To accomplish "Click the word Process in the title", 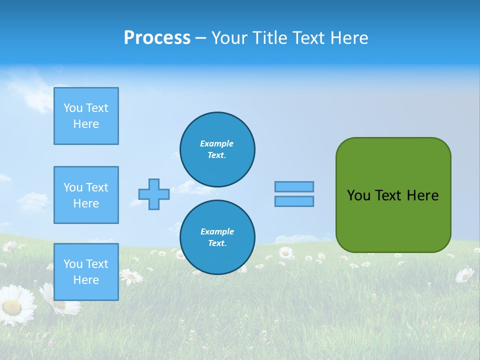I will [x=157, y=38].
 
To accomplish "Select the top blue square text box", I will [x=86, y=116].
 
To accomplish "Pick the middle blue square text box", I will [x=86, y=195].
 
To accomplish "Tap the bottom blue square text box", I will [x=86, y=271].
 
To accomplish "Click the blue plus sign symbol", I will [x=154, y=194].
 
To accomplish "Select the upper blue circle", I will [x=217, y=149].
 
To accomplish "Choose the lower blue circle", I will [x=217, y=237].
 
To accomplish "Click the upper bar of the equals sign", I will [x=294, y=186].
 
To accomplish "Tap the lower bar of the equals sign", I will [x=294, y=201].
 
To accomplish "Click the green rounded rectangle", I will [x=393, y=220].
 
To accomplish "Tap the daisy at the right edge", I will [x=464, y=274].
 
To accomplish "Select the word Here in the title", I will [x=349, y=38].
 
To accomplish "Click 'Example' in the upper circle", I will [x=217, y=143].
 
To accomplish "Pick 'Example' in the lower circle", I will [x=217, y=231].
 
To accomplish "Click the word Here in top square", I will [x=86, y=124].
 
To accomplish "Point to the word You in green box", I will [x=358, y=195].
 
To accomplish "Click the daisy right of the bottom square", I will [x=131, y=275].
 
